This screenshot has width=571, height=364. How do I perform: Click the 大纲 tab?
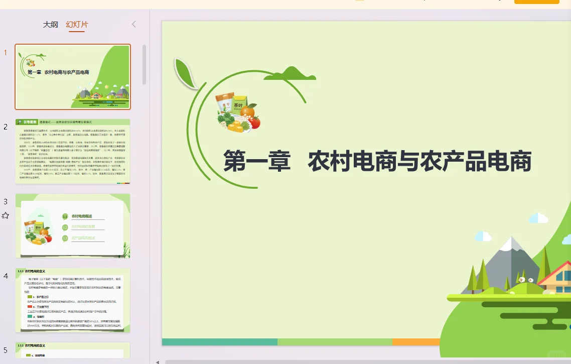[50, 24]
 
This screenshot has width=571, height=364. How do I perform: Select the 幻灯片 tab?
[76, 24]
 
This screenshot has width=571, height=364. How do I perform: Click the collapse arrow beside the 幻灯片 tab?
[134, 24]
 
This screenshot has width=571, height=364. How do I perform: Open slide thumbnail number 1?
[73, 76]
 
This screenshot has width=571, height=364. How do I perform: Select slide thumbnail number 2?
[73, 151]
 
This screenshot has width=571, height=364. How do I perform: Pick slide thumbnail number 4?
[73, 300]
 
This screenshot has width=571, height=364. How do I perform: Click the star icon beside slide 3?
[6, 215]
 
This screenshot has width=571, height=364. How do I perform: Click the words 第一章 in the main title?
[257, 162]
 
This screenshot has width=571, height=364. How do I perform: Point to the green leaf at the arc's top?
[184, 73]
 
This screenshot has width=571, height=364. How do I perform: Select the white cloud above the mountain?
[538, 218]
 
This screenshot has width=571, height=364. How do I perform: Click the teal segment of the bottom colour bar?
[219, 342]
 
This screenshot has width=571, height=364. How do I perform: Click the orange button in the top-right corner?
[536, 2]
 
